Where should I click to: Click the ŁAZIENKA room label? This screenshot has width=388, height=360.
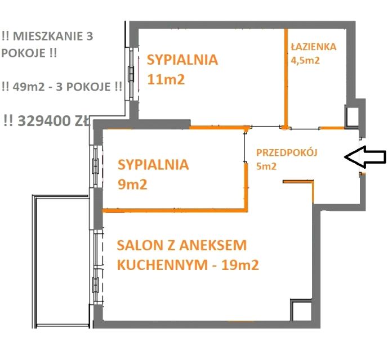[314, 47]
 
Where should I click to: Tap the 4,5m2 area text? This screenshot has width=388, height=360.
[305, 60]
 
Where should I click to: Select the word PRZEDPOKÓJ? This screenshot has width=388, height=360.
[287, 152]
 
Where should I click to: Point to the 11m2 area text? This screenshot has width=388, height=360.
[166, 79]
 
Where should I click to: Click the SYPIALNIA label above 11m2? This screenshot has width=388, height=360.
[182, 60]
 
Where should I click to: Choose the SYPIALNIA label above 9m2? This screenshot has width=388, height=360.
[153, 165]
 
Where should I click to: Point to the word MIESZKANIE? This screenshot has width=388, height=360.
[51, 37]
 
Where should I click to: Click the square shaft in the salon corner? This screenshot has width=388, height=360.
[299, 310]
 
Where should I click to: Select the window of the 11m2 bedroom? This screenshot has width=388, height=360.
[132, 71]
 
